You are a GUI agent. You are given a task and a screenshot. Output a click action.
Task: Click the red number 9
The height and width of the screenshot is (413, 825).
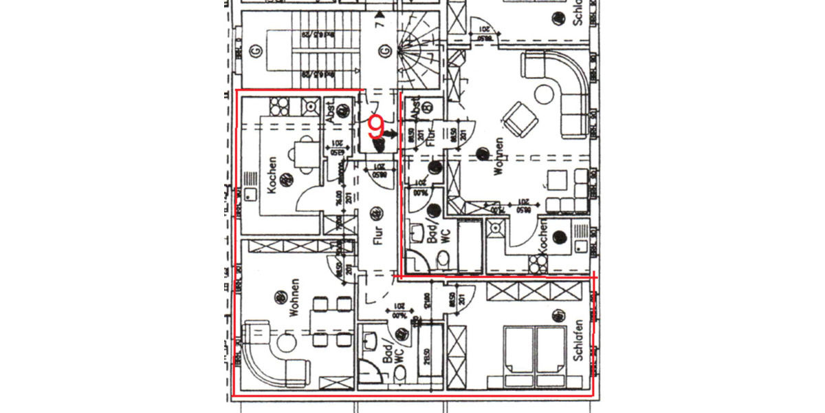[376, 126]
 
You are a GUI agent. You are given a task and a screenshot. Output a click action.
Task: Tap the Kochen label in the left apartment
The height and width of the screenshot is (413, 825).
[273, 175]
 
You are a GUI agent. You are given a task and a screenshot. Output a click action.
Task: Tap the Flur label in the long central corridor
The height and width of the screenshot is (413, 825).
[377, 234]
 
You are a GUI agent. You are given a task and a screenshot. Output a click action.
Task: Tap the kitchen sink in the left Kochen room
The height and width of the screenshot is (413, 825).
[311, 106]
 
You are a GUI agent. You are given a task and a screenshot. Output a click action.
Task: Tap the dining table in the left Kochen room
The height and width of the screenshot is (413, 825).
[303, 153]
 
